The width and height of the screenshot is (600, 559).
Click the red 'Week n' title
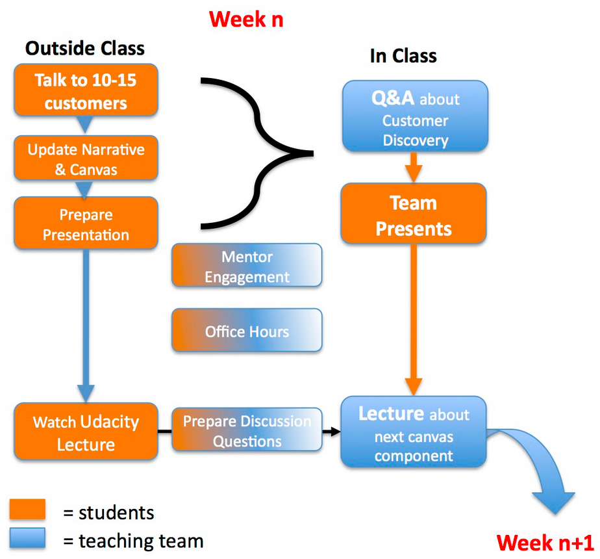point(246,19)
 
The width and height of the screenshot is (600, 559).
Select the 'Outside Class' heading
point(85,48)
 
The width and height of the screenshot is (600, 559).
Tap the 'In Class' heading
point(403,56)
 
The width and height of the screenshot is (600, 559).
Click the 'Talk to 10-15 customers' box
point(86,90)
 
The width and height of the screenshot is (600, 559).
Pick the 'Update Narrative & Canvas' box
point(86,158)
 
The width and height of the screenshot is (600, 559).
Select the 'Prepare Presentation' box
point(86,223)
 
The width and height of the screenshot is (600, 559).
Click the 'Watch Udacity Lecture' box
point(86,432)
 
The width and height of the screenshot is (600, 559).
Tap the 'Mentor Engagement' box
point(247,265)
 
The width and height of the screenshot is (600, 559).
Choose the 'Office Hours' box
point(247,330)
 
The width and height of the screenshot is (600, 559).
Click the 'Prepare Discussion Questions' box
point(247,430)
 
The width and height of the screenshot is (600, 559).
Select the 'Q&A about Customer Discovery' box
point(415,116)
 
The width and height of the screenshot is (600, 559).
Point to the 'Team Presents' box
point(414,213)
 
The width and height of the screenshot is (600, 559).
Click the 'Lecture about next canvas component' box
point(414,432)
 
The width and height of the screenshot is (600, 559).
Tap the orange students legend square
point(27,509)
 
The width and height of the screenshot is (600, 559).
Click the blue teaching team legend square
point(27,538)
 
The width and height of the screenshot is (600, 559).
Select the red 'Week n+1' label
point(545,543)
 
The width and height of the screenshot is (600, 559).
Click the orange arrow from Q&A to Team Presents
point(414,168)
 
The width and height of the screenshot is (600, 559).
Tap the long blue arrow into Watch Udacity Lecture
point(86,326)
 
